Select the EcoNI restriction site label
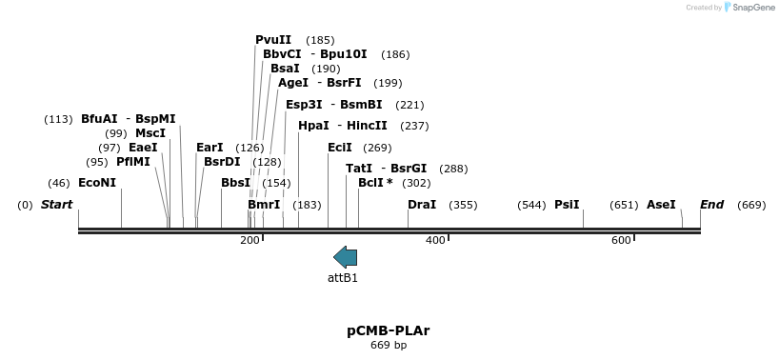[x=97, y=182]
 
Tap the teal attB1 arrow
[x=345, y=256]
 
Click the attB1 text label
[x=343, y=278]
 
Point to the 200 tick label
[x=250, y=240]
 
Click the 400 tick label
[x=435, y=240]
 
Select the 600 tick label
[x=621, y=240]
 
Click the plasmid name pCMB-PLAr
[x=388, y=330]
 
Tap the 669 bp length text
[x=389, y=345]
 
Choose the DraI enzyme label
[x=422, y=205]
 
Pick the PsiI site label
[x=567, y=205]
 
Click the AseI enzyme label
[x=661, y=205]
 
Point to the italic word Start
[x=56, y=205]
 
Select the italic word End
[x=711, y=205]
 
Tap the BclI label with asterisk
[x=375, y=182]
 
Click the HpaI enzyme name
[x=313, y=125]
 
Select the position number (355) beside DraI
[x=463, y=205]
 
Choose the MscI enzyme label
[x=150, y=133]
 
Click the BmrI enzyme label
[x=264, y=205]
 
